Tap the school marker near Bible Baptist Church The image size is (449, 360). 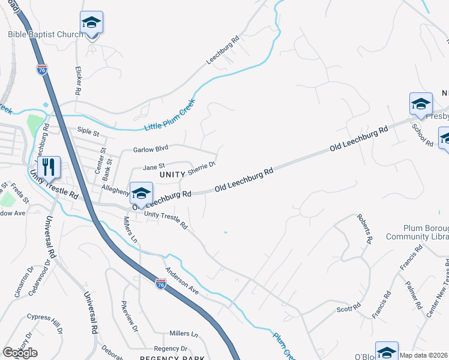(x=91, y=23)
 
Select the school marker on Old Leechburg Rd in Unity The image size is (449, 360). (x=141, y=193)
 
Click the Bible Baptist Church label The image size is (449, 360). (x=46, y=34)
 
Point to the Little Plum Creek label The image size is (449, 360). (x=170, y=115)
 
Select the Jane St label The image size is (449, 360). (x=153, y=168)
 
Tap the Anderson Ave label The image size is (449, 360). (x=182, y=280)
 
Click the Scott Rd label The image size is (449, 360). (x=348, y=309)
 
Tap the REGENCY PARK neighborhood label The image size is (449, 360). (x=164, y=358)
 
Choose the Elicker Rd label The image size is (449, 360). (x=77, y=80)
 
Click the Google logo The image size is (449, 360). (x=20, y=353)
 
